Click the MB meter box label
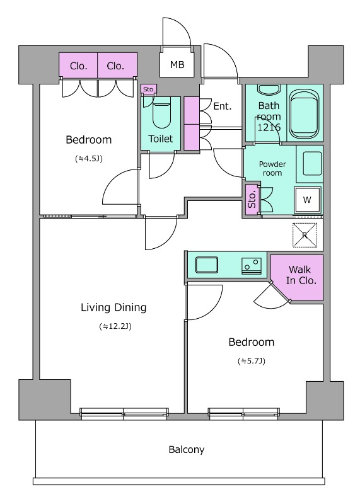(x=177, y=65)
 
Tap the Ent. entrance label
(x=223, y=106)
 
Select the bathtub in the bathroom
(x=305, y=113)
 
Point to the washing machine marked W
(x=307, y=200)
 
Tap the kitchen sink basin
(x=207, y=265)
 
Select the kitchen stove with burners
(x=252, y=265)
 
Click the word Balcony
(x=187, y=449)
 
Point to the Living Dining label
(x=113, y=307)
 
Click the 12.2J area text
(x=115, y=326)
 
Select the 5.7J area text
(x=252, y=361)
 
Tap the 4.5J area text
(x=89, y=159)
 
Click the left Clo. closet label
(x=79, y=66)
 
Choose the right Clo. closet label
(x=115, y=66)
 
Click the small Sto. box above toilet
(x=149, y=89)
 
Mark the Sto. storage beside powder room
(x=252, y=200)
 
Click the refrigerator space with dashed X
(x=305, y=236)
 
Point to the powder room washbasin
(x=312, y=163)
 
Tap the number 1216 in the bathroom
(x=269, y=127)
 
